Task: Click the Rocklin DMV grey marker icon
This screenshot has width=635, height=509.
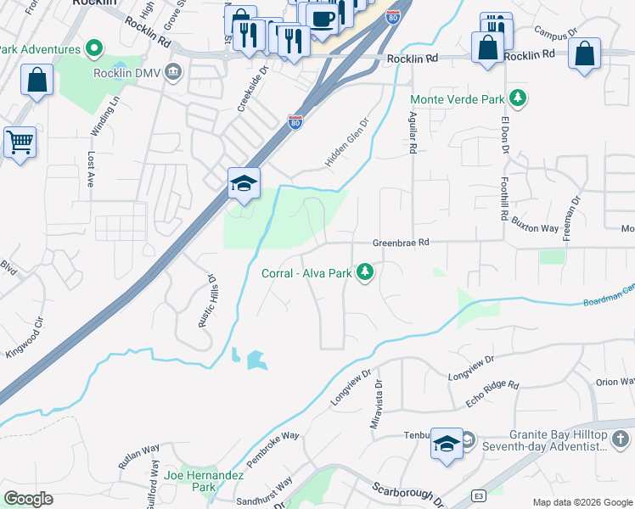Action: point(175,70)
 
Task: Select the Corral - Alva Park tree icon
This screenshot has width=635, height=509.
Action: point(366,272)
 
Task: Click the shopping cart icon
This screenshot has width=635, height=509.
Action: point(20,143)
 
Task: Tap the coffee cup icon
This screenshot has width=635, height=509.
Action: point(323,18)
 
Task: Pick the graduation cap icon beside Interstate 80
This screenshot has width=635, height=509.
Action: point(244,183)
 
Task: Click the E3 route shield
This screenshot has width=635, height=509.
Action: point(479,495)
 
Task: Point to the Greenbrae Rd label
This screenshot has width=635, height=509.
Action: point(402,243)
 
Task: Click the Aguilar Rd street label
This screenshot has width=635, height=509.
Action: point(413,132)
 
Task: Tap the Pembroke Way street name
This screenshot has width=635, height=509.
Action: point(273,448)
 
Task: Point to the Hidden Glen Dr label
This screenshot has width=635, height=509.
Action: point(348,142)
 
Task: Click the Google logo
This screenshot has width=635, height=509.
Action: point(28,499)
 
